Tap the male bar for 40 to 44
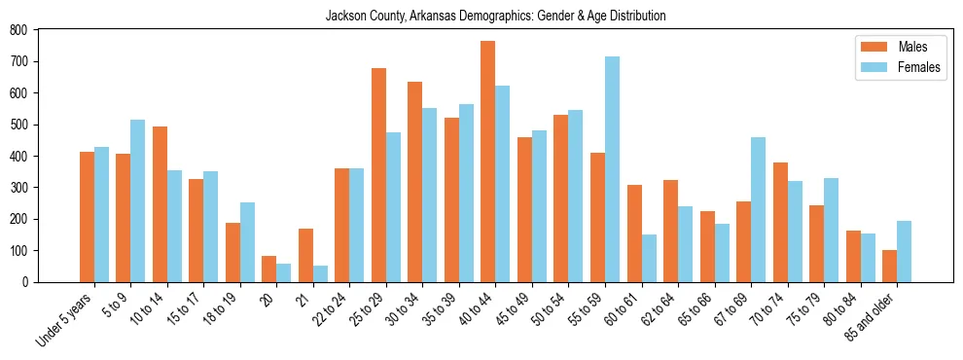click(488, 162)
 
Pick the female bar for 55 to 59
click(612, 169)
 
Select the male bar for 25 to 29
click(378, 175)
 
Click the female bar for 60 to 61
click(649, 258)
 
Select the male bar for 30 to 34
click(415, 182)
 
